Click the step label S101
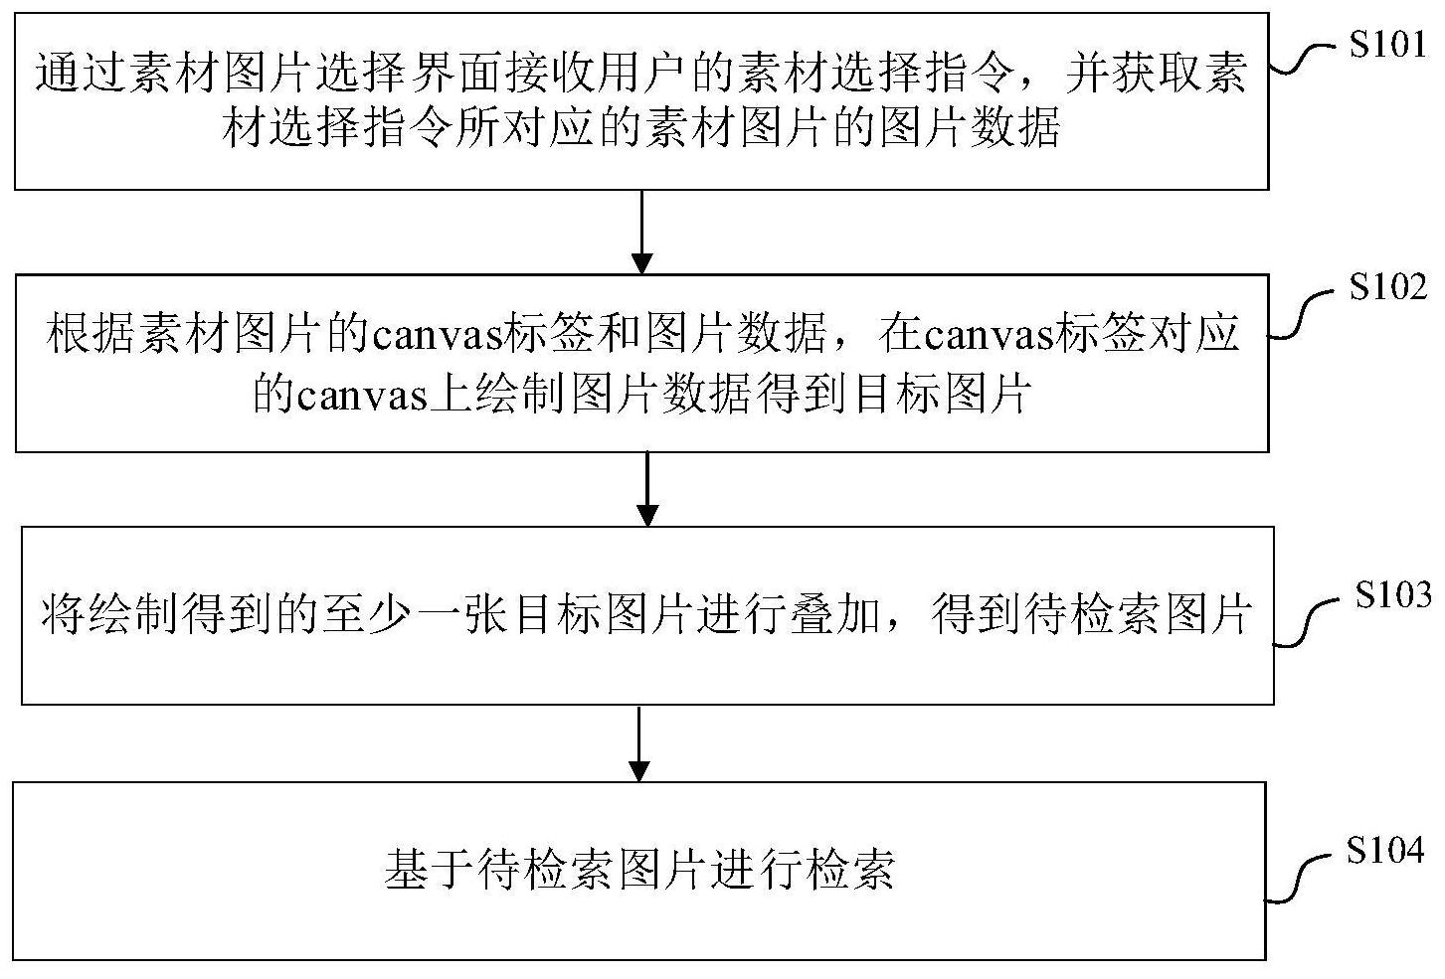pyautogui.click(x=1387, y=45)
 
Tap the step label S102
pyautogui.click(x=1387, y=287)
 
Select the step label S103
pyautogui.click(x=1392, y=594)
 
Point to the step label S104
pyautogui.click(x=1384, y=850)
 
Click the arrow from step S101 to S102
pyautogui.click(x=641, y=232)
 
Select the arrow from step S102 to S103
pyautogui.click(x=647, y=489)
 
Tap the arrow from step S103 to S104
pyautogui.click(x=638, y=743)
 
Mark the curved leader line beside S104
pyautogui.click(x=1298, y=879)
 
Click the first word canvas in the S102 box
pyautogui.click(x=438, y=335)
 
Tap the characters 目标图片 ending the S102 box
pyautogui.click(x=940, y=394)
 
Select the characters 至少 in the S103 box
pyautogui.click(x=368, y=613)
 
